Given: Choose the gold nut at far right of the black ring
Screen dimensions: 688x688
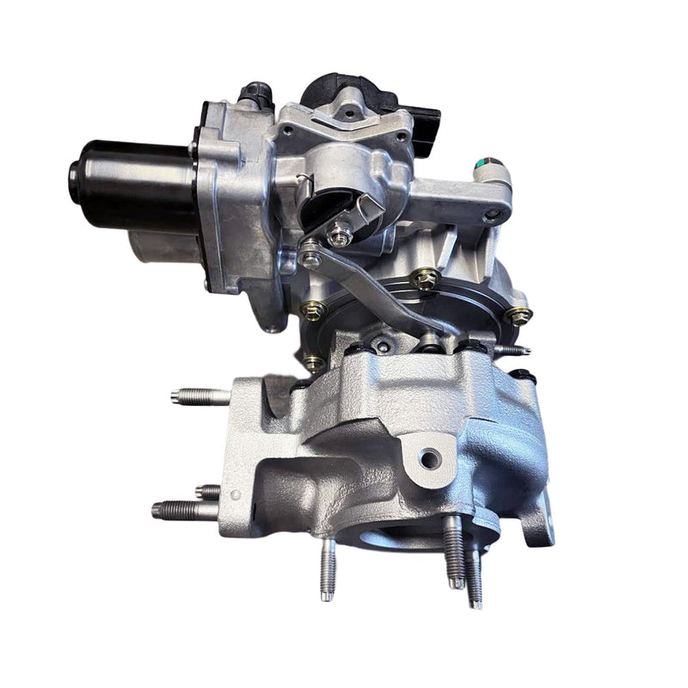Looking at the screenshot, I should pyautogui.click(x=518, y=316).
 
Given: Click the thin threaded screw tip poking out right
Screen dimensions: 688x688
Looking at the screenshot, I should pyautogui.click(x=515, y=350).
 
